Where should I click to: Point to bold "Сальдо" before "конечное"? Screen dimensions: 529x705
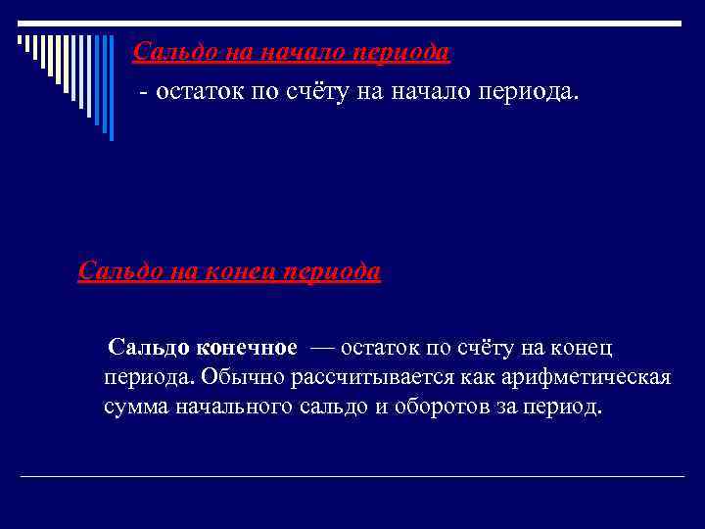tap(148, 347)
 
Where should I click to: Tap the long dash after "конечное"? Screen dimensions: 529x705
tap(321, 347)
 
